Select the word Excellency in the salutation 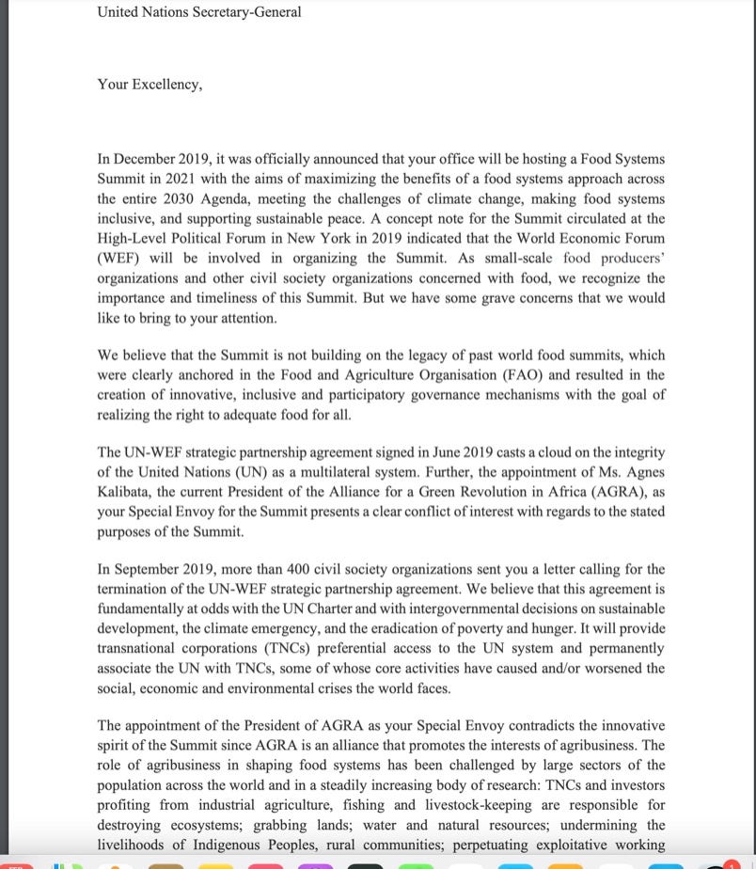(162, 84)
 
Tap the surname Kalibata (127, 492)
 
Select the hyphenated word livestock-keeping (480, 805)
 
